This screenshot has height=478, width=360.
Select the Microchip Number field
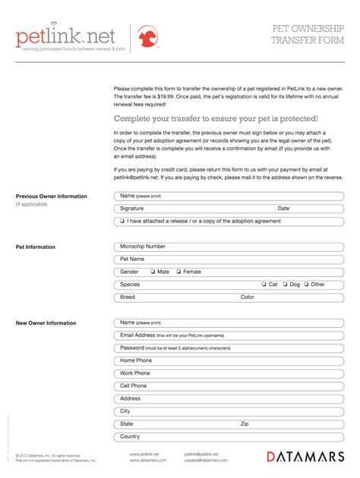point(228,247)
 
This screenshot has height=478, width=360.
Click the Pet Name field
point(228,259)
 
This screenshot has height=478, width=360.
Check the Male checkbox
point(153,272)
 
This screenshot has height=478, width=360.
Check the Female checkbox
point(179,272)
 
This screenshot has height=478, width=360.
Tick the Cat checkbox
point(264,285)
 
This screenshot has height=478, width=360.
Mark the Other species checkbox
point(306,285)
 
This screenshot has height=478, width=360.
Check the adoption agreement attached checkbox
point(122,222)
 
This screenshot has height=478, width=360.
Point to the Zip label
point(245,424)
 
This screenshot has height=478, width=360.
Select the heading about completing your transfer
point(216,118)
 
